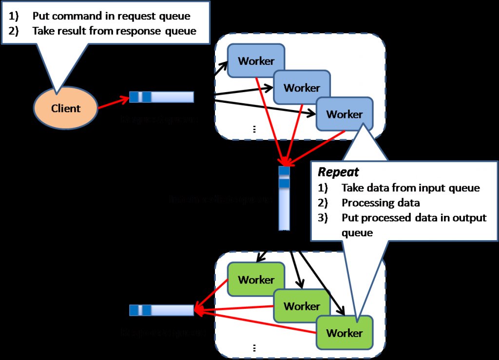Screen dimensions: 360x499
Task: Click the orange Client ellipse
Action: (x=65, y=108)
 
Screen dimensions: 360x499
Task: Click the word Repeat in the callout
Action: (x=338, y=172)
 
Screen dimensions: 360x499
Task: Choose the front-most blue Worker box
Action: (x=345, y=114)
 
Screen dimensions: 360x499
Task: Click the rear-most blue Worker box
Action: (x=256, y=60)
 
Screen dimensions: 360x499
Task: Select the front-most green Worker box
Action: (x=345, y=333)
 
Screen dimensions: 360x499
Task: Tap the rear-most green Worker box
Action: (x=256, y=280)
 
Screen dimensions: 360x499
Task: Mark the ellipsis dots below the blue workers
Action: (x=254, y=130)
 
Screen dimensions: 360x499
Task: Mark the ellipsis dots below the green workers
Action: (x=254, y=348)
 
